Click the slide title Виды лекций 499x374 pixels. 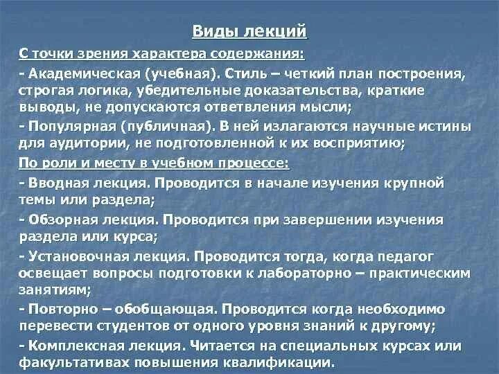[x=249, y=32]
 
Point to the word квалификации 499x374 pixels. [x=281, y=362]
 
